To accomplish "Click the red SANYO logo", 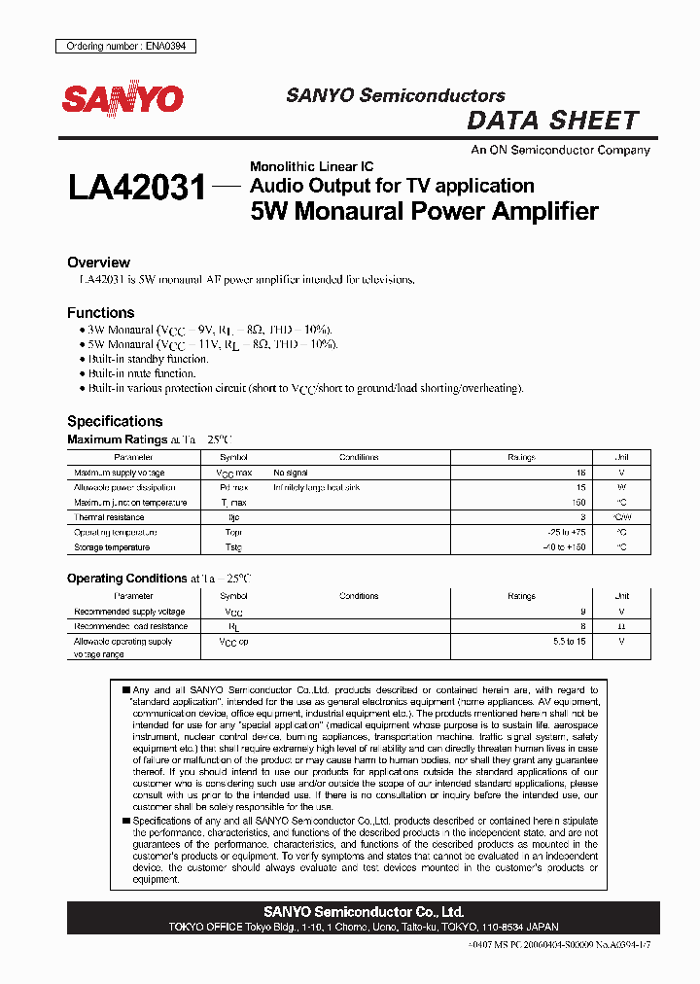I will (122, 98).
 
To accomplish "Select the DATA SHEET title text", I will (552, 121).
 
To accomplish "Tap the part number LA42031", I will (137, 187).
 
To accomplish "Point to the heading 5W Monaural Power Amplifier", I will (424, 211).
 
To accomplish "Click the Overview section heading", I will (98, 263).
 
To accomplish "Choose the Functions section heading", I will (100, 313).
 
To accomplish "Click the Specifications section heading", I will (115, 421).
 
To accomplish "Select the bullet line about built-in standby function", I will (143, 359).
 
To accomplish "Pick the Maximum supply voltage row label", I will (120, 473).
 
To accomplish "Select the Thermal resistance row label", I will (109, 517).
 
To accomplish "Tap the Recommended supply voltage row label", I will (129, 612).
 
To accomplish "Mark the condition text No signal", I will (290, 473).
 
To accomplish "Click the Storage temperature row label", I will (112, 547).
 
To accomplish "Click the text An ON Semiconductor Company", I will (560, 151).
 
